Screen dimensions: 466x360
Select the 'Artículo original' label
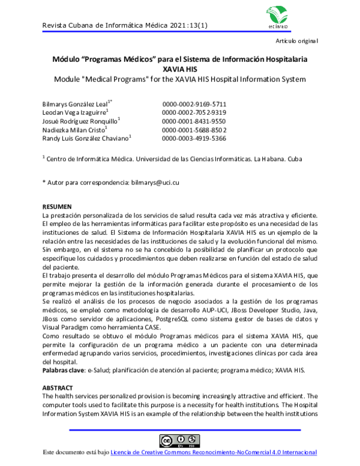click(x=297, y=41)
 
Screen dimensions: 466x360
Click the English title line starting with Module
click(x=179, y=79)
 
